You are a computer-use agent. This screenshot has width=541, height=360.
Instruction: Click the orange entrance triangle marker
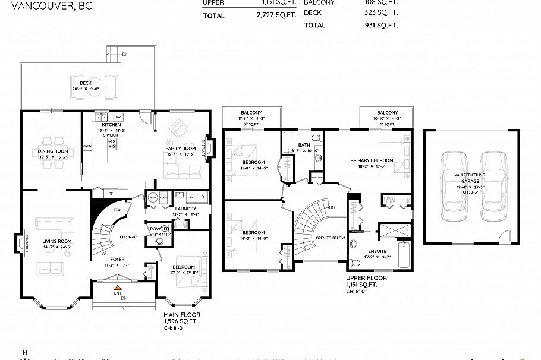coord(117,288)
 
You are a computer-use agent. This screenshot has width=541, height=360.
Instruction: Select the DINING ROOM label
coord(52,151)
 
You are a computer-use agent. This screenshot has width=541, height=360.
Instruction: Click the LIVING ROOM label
coord(57,241)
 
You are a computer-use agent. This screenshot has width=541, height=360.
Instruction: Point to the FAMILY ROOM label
coord(180,148)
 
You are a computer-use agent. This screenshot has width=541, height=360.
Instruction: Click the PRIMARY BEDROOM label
coord(371,160)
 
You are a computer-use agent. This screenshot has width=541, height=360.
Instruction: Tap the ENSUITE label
coord(377,252)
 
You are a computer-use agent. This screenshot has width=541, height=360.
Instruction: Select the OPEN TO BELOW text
coord(331,238)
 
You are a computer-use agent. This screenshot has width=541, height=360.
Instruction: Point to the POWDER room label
coord(159,229)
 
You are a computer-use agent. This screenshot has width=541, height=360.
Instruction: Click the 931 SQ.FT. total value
coord(380,25)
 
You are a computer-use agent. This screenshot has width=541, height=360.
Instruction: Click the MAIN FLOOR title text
coord(182,315)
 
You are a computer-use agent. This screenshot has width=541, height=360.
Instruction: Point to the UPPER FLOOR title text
coord(366,277)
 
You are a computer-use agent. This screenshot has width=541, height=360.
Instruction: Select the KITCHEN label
coord(111,124)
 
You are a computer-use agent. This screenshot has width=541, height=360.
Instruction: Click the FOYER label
coord(117,259)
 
